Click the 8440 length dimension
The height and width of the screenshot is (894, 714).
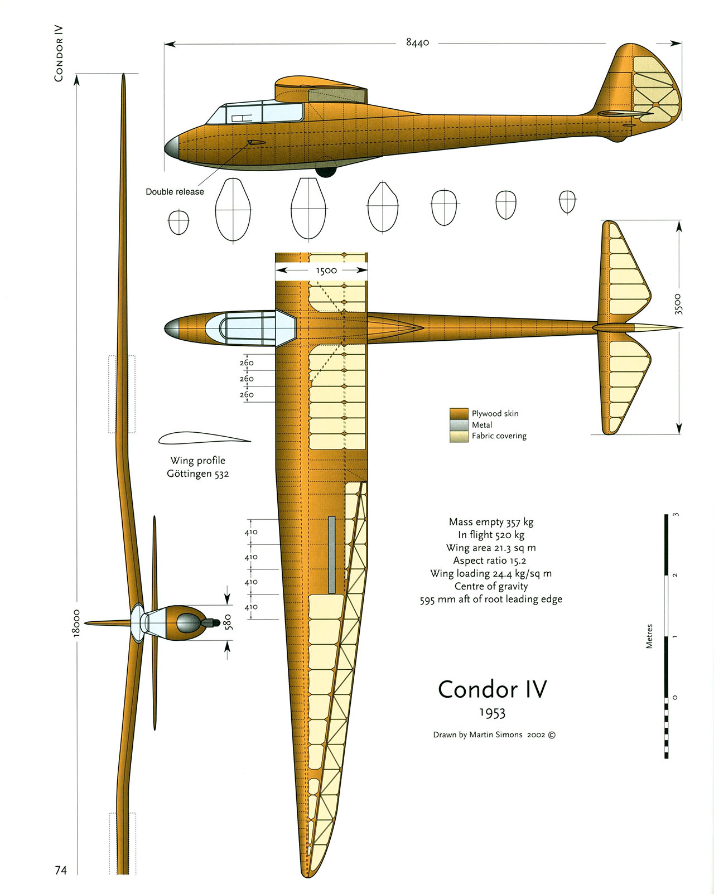(417, 42)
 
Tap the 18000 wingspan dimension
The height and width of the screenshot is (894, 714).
(76, 622)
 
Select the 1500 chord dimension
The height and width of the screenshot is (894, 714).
(326, 270)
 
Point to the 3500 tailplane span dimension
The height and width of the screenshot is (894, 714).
(678, 304)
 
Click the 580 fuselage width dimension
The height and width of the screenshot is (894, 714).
(228, 622)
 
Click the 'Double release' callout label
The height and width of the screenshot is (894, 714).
(175, 192)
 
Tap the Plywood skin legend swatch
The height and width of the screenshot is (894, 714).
(459, 413)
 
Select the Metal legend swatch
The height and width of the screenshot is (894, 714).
(459, 425)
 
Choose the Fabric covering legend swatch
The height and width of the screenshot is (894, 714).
(459, 436)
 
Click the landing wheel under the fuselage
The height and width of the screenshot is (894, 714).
(326, 171)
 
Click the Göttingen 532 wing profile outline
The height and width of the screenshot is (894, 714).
(204, 439)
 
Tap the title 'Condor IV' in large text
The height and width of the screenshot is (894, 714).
(492, 689)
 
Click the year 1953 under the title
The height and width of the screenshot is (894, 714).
(492, 713)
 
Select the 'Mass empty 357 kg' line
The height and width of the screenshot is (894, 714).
(491, 522)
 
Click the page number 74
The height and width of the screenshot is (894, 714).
(61, 870)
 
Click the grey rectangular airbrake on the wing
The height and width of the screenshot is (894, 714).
(331, 554)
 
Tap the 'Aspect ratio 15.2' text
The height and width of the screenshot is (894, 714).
(489, 560)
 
